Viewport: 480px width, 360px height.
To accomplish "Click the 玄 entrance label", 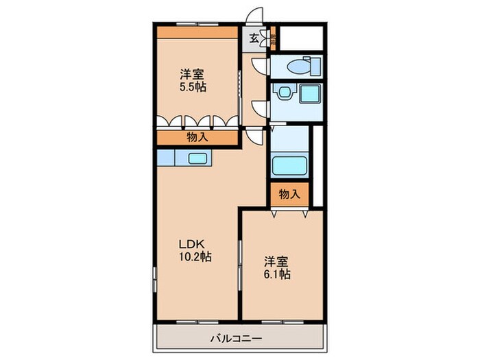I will pyautogui.click(x=254, y=38).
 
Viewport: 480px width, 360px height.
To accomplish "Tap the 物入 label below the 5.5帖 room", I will pyautogui.click(x=197, y=137).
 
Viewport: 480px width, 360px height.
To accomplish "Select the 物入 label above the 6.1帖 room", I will pyautogui.click(x=289, y=194).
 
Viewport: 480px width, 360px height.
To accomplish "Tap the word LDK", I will pyautogui.click(x=191, y=244).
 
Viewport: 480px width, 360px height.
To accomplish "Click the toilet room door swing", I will pyautogui.click(x=260, y=66).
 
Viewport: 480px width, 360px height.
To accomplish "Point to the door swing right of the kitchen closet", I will pyautogui.click(x=254, y=135).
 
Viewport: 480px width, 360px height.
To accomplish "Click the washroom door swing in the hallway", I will pyautogui.click(x=260, y=108).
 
